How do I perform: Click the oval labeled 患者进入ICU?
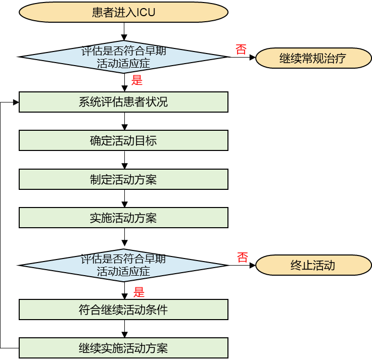(123, 13)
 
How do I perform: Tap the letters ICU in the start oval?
(146, 13)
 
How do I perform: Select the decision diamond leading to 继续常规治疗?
(123, 57)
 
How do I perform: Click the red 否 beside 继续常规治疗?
(241, 49)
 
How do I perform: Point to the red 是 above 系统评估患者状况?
(137, 80)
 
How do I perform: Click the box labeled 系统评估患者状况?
(123, 102)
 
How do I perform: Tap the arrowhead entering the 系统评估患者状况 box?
(16, 102)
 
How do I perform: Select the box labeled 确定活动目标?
(123, 140)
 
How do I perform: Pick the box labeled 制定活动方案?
(123, 179)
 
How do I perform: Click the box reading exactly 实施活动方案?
(123, 218)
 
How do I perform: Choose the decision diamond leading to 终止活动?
(123, 265)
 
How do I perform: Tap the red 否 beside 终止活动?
(243, 258)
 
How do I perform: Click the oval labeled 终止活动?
(313, 266)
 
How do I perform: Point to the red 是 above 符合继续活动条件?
(138, 292)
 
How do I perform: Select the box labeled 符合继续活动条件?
(123, 310)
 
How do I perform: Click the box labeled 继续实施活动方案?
(123, 348)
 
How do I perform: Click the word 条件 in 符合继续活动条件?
(157, 310)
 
